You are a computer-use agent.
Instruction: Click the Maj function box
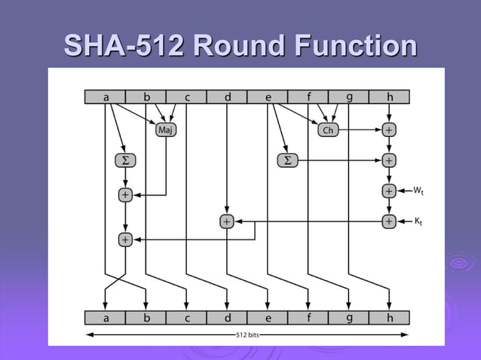click(x=166, y=130)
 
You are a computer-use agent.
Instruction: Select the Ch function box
click(x=327, y=130)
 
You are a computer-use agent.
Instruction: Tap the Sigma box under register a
click(x=124, y=160)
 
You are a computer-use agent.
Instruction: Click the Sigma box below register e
click(x=286, y=160)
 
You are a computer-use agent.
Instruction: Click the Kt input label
click(x=420, y=221)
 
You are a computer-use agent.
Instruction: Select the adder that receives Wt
click(x=388, y=191)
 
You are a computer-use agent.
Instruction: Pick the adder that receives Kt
click(x=388, y=221)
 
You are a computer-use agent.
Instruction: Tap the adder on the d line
click(x=226, y=221)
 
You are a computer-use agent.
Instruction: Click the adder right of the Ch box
click(x=388, y=130)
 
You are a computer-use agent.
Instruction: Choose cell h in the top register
click(x=389, y=97)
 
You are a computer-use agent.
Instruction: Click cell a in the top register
click(x=105, y=97)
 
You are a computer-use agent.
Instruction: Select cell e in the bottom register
click(x=268, y=318)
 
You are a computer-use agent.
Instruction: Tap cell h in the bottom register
click(x=389, y=318)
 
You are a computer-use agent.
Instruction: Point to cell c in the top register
click(x=186, y=97)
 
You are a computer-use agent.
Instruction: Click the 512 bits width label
click(x=247, y=334)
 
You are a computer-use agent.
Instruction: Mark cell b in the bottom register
click(x=146, y=318)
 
